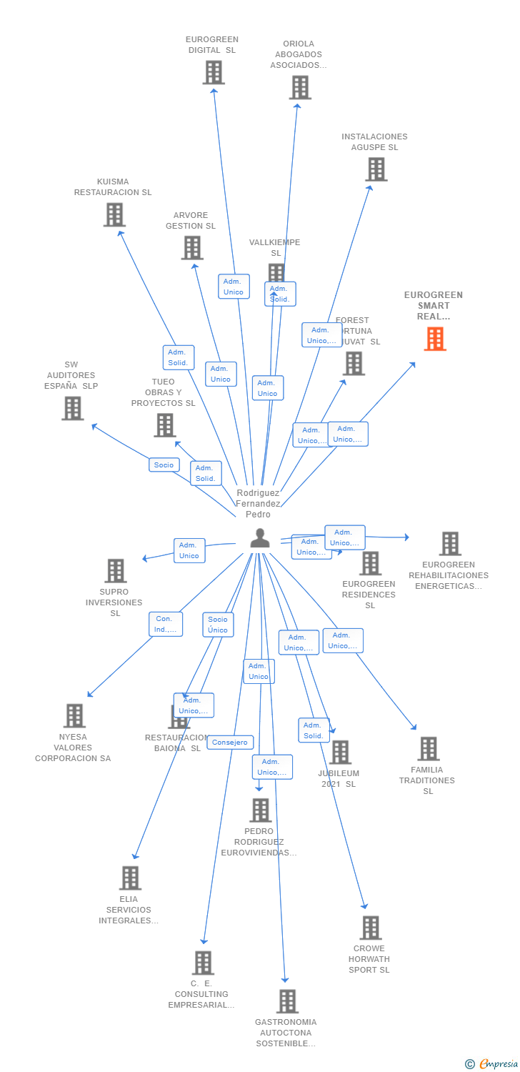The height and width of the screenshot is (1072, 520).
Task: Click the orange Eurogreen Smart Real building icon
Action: pos(435,339)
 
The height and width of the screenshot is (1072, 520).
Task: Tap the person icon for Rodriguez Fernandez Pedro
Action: pos(260,538)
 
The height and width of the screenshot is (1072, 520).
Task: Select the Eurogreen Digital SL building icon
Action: pos(214,72)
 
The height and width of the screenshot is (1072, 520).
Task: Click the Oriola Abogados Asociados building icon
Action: pos(300,87)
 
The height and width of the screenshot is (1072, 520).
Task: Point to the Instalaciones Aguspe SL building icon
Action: pos(376,169)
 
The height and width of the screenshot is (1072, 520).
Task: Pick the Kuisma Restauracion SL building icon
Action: pos(114,214)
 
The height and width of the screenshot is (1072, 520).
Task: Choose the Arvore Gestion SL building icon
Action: pos(192,248)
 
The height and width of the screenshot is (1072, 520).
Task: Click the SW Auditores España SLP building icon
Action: pos(73,408)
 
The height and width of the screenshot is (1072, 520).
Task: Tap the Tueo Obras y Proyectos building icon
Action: pos(165,425)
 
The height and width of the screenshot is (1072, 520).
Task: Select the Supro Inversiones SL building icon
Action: pos(116,571)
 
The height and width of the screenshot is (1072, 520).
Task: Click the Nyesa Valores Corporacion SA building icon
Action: pos(74,715)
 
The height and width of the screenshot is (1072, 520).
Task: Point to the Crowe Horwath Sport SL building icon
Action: pos(371,928)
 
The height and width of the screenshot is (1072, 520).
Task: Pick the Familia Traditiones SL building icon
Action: pos(429,748)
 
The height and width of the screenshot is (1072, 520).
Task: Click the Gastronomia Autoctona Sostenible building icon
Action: pos(287,1001)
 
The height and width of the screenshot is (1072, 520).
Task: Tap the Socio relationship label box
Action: pos(164,465)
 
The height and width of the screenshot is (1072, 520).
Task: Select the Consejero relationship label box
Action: pos(231,743)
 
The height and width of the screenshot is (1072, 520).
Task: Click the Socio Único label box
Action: pos(218,625)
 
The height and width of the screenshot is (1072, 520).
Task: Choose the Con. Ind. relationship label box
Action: pos(165,624)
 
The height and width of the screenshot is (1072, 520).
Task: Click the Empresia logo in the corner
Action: pos(492,1064)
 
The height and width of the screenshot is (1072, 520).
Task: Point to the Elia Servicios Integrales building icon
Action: pos(130,878)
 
